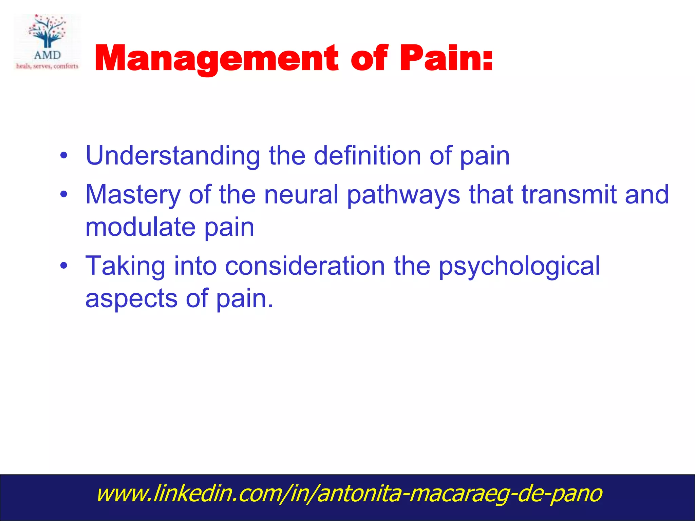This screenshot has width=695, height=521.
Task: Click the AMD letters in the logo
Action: point(47,55)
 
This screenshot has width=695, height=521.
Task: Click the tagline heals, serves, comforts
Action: point(47,66)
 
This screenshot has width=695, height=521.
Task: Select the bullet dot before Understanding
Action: point(63,156)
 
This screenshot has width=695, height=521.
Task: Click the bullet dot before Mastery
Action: point(63,195)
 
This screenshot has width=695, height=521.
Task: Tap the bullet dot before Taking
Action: point(63,266)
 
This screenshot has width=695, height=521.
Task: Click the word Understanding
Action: point(173,156)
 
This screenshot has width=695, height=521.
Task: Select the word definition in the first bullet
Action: point(367,156)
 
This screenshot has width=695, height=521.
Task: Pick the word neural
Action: point(301,195)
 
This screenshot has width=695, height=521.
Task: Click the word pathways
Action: point(403,195)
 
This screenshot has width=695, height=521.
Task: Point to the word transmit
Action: point(569,195)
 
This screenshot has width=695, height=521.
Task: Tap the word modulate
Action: point(140,227)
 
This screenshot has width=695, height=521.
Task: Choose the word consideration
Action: point(305,266)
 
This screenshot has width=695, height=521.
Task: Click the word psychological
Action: point(519,267)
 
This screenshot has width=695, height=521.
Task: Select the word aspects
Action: point(131,299)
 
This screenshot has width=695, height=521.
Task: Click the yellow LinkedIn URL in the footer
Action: point(349,494)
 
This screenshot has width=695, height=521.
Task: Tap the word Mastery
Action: point(133,195)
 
